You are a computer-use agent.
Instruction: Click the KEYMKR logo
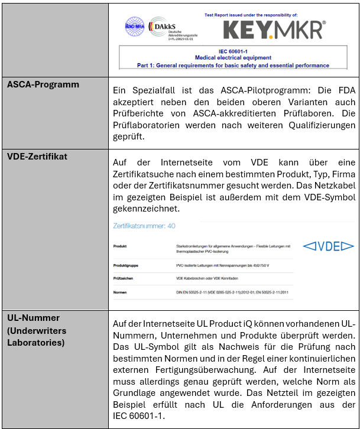274,28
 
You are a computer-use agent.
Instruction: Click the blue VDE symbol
328,246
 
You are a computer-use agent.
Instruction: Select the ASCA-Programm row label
43,84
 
